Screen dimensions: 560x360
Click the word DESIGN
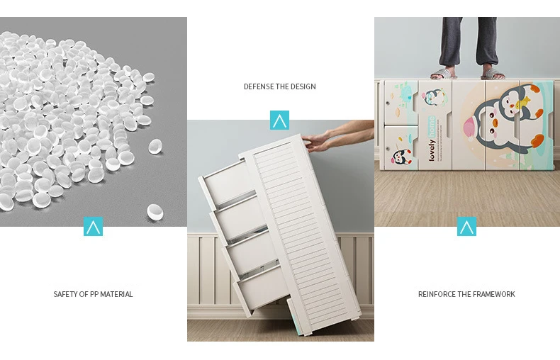(303, 86)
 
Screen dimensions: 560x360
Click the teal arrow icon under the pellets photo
(93, 227)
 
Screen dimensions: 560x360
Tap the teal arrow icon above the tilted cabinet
(279, 120)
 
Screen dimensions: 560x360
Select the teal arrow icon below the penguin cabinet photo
(467, 227)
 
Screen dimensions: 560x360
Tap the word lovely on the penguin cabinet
(432, 150)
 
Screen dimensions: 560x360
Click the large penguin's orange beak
(495, 123)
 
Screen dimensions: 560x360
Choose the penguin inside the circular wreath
(432, 97)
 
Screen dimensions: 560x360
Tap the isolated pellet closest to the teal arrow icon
(155, 212)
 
